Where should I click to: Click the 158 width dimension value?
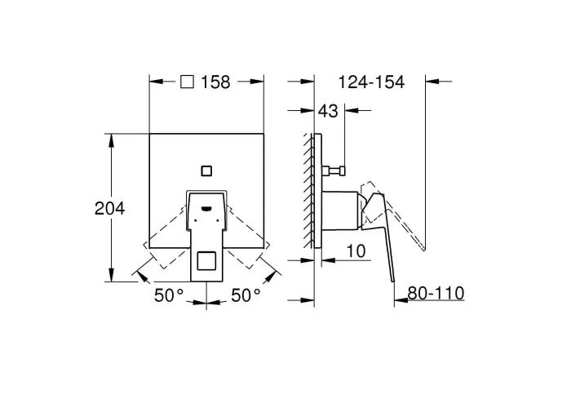215,82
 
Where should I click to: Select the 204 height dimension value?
109,208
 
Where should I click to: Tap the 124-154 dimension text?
371,82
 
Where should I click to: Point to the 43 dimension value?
328,111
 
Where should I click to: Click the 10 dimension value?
356,251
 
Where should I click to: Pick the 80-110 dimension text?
436,293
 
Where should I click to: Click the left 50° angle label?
169,295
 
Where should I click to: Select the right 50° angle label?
246,295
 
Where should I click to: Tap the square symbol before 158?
187,82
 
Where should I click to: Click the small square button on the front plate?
206,171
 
